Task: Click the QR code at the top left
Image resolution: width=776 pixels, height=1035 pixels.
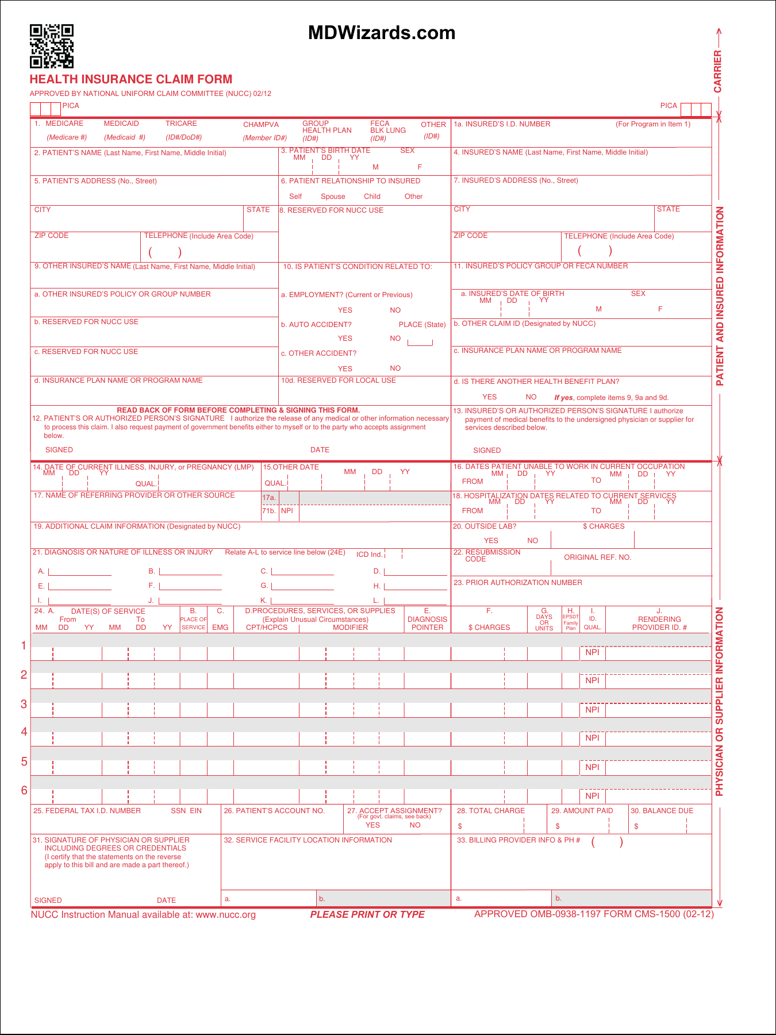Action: coord(52,46)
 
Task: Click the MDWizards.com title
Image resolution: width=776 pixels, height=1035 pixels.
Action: coord(382,33)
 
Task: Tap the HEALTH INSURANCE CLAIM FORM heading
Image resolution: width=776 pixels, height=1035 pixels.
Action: coord(131,79)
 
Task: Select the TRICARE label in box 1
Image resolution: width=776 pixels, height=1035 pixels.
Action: coord(181,124)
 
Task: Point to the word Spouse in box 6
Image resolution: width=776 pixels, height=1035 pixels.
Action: coord(333,197)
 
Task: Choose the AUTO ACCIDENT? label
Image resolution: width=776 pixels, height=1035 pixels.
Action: coord(316,325)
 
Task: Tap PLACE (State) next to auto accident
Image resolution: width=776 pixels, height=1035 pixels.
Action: coord(422,325)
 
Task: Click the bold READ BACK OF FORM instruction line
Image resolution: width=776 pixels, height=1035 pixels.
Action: coord(238,410)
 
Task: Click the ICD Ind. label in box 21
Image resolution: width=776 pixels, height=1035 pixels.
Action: coord(369,555)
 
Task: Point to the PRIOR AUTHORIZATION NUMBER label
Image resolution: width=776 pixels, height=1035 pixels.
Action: coord(518,583)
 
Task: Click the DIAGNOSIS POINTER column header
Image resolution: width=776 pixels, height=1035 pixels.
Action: coord(427,624)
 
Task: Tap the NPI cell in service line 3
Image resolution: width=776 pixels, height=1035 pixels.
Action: coord(592,710)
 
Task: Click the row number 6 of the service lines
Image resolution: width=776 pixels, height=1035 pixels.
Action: coord(24,790)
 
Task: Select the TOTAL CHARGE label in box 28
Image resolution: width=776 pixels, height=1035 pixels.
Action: coord(491,811)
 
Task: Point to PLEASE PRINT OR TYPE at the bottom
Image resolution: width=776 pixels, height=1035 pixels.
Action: coord(367,914)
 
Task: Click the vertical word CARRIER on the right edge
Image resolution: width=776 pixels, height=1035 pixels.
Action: coord(717,71)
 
